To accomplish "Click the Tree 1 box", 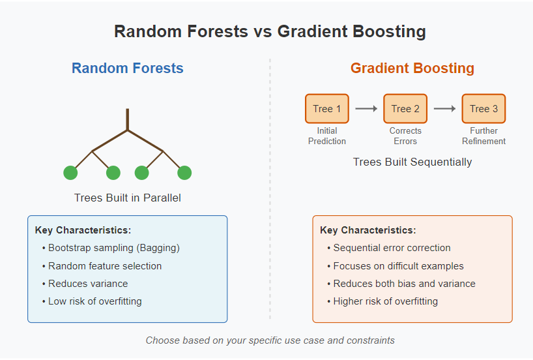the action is click(x=327, y=108).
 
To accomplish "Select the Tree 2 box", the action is click(x=405, y=108).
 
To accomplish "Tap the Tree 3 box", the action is click(x=483, y=108).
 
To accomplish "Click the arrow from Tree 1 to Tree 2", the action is click(x=366, y=108).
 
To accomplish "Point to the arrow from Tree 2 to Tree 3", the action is click(x=444, y=108).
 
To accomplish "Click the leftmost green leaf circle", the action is click(x=70, y=173).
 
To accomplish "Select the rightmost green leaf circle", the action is click(x=184, y=173).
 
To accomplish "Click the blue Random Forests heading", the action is click(x=128, y=68).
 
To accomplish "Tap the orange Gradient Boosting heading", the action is click(x=412, y=68).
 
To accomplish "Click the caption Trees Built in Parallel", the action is click(x=128, y=198).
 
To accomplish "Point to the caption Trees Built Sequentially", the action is click(x=412, y=162).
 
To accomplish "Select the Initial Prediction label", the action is click(x=327, y=136).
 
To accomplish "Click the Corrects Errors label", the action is click(x=405, y=136).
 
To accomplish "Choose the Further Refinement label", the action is click(x=483, y=136).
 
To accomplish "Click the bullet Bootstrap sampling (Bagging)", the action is click(x=111, y=248).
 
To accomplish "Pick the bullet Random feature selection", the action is click(x=102, y=265).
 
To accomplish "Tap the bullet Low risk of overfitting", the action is click(x=92, y=301).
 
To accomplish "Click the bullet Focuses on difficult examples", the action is click(x=396, y=265).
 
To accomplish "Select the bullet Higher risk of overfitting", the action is click(x=382, y=301).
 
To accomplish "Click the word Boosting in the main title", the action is click(x=388, y=32).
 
